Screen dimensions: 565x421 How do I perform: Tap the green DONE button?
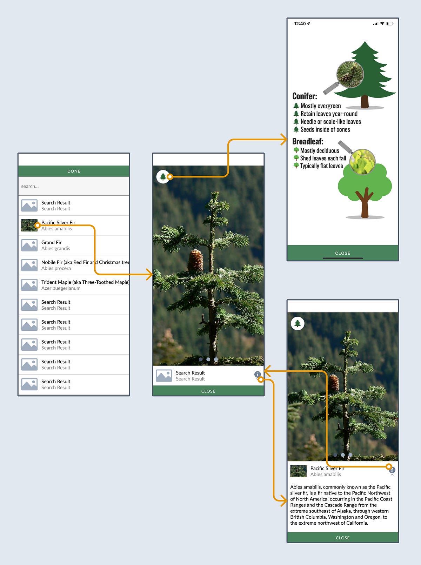coord(74,171)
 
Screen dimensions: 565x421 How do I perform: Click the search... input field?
coord(74,186)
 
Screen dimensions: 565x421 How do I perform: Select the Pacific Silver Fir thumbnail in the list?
coord(29,225)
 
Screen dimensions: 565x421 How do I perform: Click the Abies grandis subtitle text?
coord(56,249)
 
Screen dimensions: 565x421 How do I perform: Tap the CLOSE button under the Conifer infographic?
coord(342,253)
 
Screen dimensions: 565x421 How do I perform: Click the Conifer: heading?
coord(305,96)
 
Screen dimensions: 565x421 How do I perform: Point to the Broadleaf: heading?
coord(308,141)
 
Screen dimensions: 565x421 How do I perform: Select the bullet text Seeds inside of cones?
coord(325,129)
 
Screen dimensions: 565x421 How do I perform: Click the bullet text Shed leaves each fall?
coord(323,158)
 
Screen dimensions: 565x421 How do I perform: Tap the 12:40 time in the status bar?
coord(300,24)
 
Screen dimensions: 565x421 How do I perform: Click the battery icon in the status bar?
coord(390,24)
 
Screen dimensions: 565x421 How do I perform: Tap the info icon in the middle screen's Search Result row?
coord(258,374)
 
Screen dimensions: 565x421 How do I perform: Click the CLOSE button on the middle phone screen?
coord(208,391)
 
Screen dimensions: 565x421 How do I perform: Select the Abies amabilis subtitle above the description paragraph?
coord(326,475)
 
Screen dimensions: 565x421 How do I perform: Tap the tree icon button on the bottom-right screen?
coord(298,323)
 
